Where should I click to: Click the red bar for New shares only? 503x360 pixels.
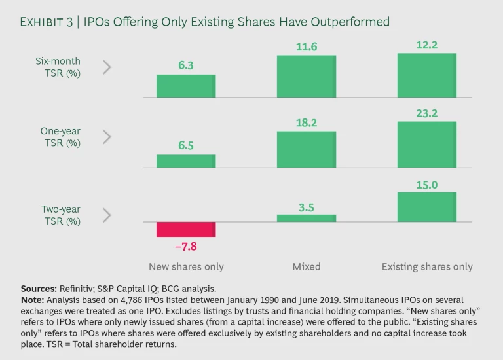coord(185,229)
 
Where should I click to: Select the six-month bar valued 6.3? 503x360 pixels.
coord(185,86)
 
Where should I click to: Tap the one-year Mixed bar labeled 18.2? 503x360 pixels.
coord(306,149)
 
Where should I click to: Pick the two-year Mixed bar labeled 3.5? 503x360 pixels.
coord(306,218)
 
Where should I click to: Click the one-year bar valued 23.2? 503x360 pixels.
coord(426,145)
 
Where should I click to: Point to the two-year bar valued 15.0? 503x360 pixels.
coord(426,207)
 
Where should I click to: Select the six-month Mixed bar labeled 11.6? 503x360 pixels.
coord(306,77)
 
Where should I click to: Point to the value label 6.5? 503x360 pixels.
coord(185,146)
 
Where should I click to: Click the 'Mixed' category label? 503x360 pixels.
coord(306,267)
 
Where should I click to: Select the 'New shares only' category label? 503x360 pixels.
coord(185,267)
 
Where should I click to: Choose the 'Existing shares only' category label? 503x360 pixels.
coord(427,267)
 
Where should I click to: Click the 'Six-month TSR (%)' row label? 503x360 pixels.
coord(58,67)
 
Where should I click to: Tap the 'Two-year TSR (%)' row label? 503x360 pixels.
coord(60,215)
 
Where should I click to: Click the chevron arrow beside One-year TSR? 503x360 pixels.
coord(107,137)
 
